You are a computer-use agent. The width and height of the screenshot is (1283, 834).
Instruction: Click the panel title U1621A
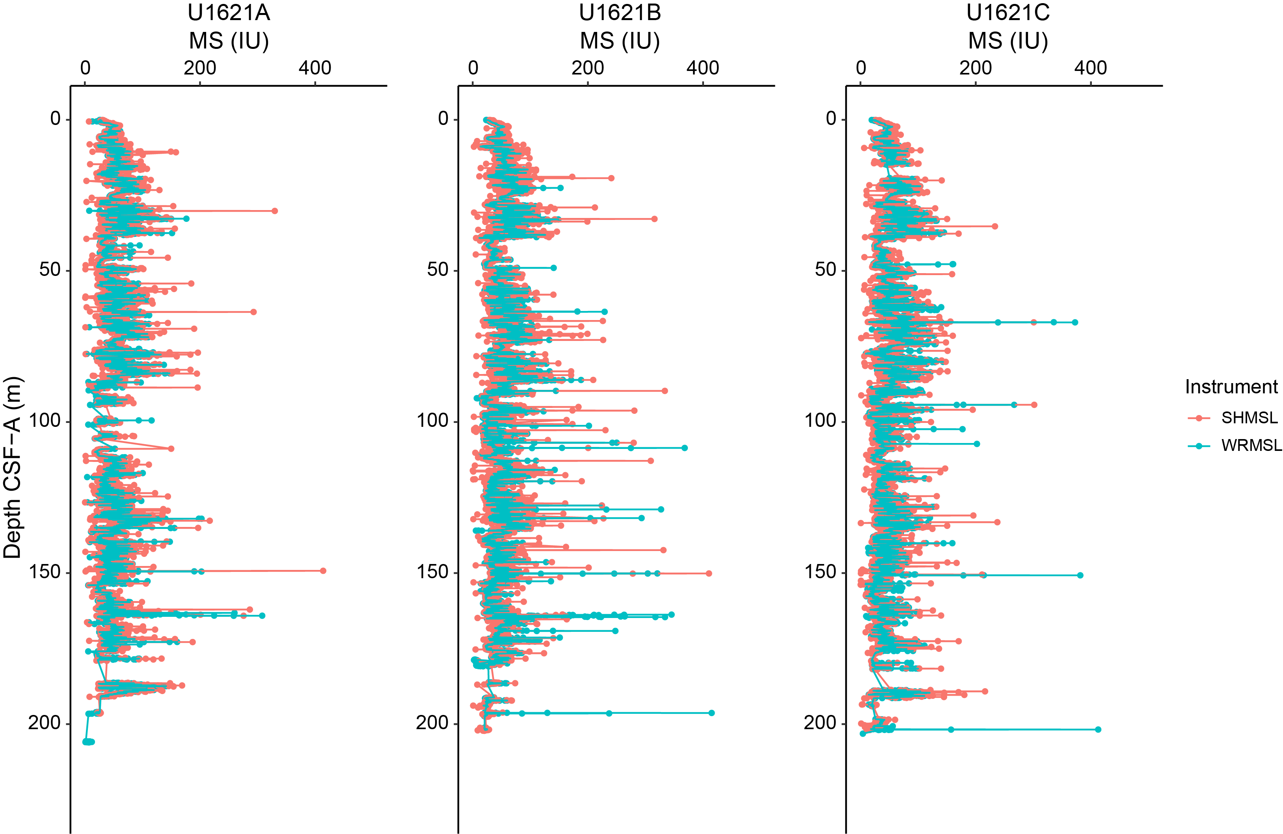[x=229, y=13]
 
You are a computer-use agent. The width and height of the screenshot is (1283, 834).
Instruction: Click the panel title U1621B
[x=620, y=13]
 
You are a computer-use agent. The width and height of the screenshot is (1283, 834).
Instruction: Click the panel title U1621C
[x=1008, y=13]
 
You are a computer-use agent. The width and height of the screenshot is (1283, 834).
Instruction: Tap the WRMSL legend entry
[x=1251, y=446]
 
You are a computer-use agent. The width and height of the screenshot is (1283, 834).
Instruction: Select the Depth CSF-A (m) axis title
[x=12, y=467]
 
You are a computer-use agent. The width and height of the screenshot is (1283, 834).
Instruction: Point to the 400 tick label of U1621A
[x=315, y=68]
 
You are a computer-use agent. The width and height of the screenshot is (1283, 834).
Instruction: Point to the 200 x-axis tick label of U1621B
[x=588, y=68]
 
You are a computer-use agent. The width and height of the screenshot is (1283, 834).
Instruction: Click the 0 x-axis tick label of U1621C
[x=861, y=68]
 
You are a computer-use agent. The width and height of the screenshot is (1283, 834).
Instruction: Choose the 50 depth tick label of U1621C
[x=825, y=270]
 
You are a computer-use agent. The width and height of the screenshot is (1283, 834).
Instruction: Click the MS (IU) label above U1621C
[x=1008, y=41]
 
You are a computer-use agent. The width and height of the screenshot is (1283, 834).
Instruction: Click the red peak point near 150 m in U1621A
[x=323, y=570]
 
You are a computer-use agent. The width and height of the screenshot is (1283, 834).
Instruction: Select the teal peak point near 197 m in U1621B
[x=711, y=713]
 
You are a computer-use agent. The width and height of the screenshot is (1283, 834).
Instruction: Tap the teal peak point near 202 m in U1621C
[x=1098, y=730]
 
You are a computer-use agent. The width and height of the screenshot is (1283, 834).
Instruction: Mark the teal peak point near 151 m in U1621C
[x=1080, y=575]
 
